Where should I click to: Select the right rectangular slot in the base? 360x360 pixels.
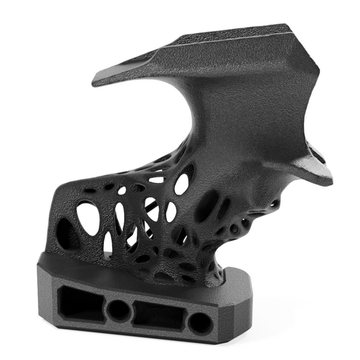pos(158,315)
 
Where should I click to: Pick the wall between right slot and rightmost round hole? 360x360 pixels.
pos(185,319)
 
